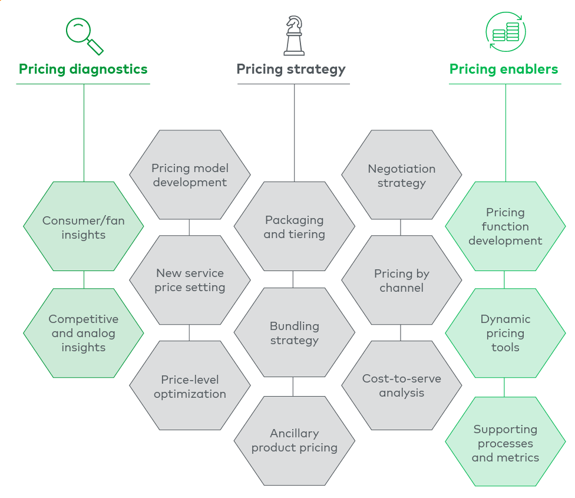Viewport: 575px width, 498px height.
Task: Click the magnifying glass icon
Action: coord(84,36)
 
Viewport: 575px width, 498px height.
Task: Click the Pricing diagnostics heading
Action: coord(83,69)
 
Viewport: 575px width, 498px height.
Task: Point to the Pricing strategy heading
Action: coord(291,69)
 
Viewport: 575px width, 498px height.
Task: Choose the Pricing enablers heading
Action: coord(504,69)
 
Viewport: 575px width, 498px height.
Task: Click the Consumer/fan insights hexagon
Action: coord(83,227)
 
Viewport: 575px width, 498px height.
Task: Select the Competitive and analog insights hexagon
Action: coord(83,333)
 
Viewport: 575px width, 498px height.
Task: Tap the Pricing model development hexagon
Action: coord(190,175)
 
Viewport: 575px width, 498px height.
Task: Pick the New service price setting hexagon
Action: coord(190,280)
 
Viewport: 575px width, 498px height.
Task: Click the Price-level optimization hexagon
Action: coord(190,387)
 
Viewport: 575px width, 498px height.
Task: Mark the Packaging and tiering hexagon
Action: coord(294,227)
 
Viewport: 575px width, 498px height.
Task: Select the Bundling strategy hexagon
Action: coord(294,333)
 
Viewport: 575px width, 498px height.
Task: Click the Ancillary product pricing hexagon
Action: coord(294,440)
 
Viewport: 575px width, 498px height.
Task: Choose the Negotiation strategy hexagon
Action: coord(401,176)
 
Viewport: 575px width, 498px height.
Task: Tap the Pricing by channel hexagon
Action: coord(401,281)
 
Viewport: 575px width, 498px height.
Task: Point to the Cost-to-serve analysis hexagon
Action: coord(401,385)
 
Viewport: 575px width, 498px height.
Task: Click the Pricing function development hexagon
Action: coord(505,226)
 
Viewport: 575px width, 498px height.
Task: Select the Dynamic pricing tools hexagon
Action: coord(505,333)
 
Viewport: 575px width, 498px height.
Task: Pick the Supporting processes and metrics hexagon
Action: coord(505,443)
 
